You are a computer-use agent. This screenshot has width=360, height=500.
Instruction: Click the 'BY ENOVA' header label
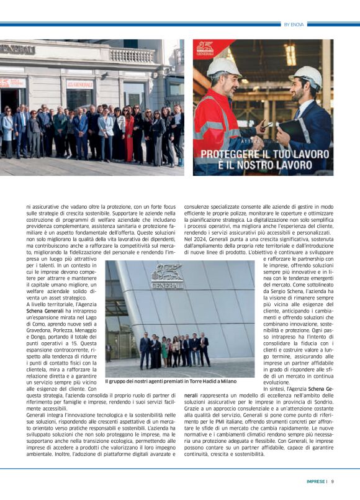click(294, 24)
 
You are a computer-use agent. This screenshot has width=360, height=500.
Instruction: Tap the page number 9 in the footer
click(332, 481)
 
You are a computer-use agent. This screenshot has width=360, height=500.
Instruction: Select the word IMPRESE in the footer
click(315, 481)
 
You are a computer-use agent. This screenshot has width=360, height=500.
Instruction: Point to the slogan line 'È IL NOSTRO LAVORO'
click(263, 165)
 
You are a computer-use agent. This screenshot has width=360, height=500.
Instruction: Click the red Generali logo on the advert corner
click(205, 48)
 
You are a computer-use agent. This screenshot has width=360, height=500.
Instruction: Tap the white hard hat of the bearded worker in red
click(223, 66)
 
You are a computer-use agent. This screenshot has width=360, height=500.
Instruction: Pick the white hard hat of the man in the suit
click(307, 76)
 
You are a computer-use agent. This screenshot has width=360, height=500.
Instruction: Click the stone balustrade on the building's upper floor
click(132, 56)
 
